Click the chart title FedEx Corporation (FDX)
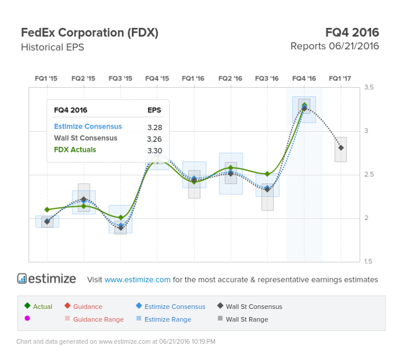[90, 32]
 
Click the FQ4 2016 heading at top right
[351, 32]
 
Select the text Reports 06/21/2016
[334, 47]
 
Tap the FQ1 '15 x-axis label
[47, 78]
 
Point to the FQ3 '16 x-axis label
[267, 78]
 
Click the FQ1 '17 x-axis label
[340, 78]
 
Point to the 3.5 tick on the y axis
[369, 88]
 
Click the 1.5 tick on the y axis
[369, 261]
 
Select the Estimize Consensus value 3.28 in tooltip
[154, 127]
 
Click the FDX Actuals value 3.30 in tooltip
[154, 150]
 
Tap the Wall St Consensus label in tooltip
[85, 138]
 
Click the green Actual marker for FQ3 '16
[267, 174]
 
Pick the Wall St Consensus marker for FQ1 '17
[341, 148]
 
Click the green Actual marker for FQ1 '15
[47, 210]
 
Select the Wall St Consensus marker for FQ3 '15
[120, 229]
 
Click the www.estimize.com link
[137, 280]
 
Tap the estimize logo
[47, 279]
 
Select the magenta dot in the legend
[27, 319]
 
